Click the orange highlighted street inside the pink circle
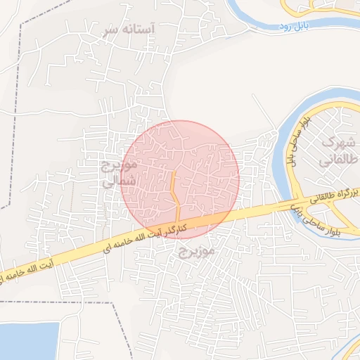tap(174, 193)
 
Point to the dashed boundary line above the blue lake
tap(56, 302)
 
